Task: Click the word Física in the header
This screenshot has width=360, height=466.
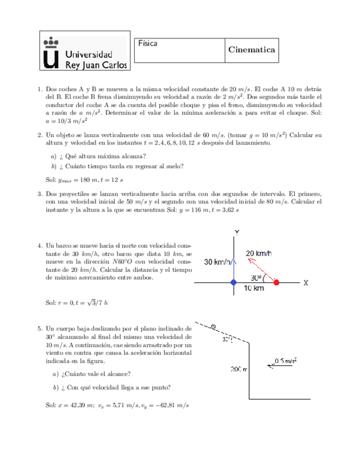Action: pyautogui.click(x=147, y=43)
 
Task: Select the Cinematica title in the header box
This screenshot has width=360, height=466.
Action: pyautogui.click(x=251, y=49)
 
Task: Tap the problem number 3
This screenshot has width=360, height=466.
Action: pyautogui.click(x=40, y=193)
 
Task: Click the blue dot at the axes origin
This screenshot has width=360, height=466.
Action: pyautogui.click(x=234, y=282)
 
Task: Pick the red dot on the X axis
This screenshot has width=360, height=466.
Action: pyautogui.click(x=276, y=282)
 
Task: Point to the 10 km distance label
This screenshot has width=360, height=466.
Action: pyautogui.click(x=253, y=289)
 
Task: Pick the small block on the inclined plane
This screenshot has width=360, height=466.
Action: pyautogui.click(x=213, y=326)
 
